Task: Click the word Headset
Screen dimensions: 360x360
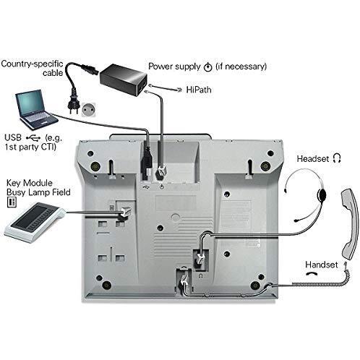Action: coord(313,159)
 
